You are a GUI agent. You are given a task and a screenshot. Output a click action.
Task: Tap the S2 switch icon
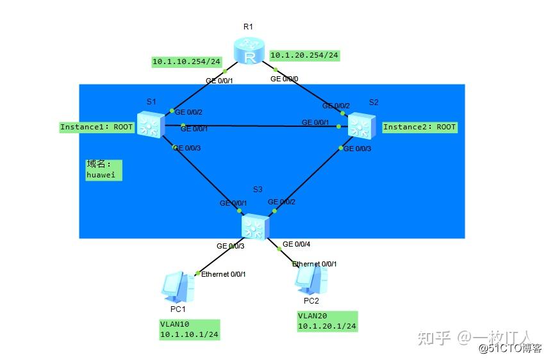tap(361, 124)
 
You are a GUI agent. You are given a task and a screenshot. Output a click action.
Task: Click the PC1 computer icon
tap(177, 288)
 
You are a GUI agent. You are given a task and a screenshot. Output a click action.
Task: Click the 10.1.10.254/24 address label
tap(186, 62)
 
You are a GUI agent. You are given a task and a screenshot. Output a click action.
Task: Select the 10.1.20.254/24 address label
tap(304, 55)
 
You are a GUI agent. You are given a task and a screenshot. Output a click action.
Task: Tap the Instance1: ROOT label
tap(97, 127)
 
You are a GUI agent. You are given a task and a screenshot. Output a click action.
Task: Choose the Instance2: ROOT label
tap(419, 127)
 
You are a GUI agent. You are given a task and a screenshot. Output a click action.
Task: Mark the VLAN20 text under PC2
tap(311, 316)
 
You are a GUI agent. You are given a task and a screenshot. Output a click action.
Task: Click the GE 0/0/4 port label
tap(296, 244)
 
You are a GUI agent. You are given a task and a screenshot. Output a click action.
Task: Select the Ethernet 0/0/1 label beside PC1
tap(223, 274)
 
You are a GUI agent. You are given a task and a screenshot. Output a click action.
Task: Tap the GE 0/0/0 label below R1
tap(285, 79)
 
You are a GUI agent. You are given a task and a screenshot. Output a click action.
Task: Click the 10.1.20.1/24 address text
tap(327, 327)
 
